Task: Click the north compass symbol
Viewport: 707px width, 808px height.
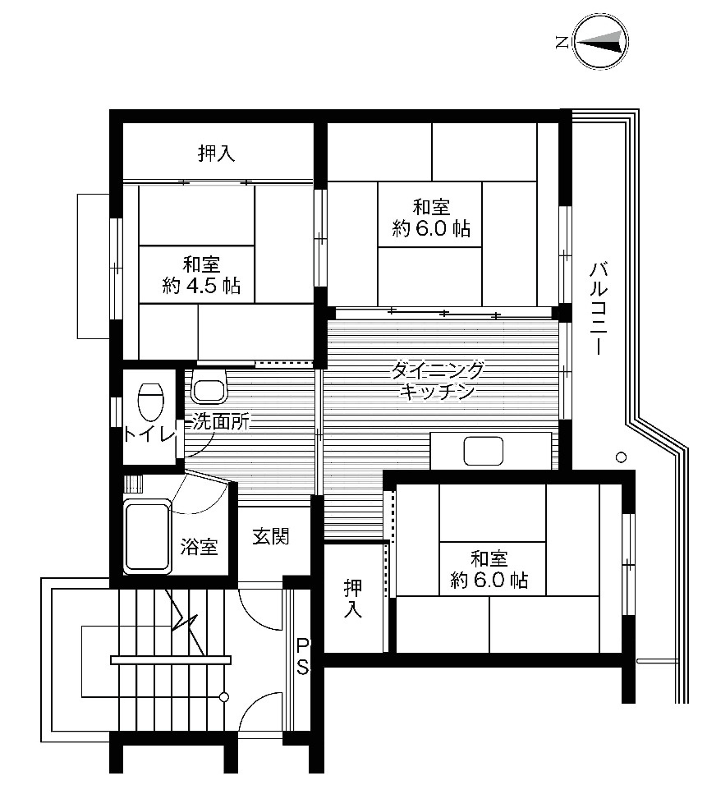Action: (600, 41)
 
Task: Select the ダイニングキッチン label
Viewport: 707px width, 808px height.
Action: (438, 379)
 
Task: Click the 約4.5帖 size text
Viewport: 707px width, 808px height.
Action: (201, 287)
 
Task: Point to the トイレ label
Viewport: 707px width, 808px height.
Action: (149, 434)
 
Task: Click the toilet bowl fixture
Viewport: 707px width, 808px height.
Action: (150, 402)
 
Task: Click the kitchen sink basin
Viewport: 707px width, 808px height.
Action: (483, 451)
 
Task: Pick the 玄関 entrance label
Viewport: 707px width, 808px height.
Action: (270, 537)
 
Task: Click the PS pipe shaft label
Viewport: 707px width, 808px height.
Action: (302, 656)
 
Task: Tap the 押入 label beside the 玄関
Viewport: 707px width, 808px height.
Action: (354, 599)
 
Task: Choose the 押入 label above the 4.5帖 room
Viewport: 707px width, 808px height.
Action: (217, 153)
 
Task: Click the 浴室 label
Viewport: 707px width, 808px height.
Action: (200, 546)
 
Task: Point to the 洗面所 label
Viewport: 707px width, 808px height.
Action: (220, 423)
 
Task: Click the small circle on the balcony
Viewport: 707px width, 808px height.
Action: (622, 457)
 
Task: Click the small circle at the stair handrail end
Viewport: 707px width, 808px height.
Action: (223, 697)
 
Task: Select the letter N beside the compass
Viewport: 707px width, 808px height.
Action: (561, 41)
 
